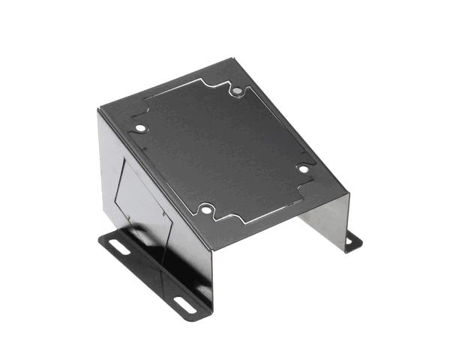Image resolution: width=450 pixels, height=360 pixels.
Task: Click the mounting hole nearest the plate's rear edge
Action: click(237, 91)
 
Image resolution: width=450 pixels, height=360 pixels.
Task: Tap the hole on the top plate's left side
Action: click(139, 128)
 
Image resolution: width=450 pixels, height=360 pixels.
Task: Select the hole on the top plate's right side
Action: click(303, 169)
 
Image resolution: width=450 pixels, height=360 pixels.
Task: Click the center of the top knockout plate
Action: click(221, 150)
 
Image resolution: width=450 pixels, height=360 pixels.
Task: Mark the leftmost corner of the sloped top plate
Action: click(98, 110)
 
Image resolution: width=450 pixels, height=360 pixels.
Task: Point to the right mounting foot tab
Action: click(352, 242)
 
